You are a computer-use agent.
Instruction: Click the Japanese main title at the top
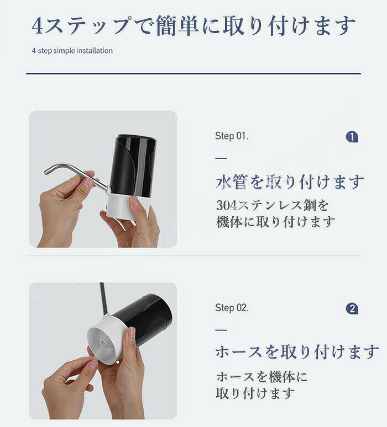click(x=193, y=26)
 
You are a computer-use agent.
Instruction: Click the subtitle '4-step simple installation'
click(x=72, y=51)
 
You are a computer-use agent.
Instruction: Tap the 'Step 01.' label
click(x=232, y=136)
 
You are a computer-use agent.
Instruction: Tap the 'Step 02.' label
click(x=232, y=308)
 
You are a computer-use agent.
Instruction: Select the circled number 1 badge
click(x=352, y=137)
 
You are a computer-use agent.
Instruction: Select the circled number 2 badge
click(x=352, y=309)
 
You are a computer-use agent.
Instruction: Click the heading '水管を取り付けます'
click(x=290, y=182)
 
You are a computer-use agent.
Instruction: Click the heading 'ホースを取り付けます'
click(x=297, y=352)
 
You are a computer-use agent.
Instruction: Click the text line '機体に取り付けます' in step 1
click(x=275, y=222)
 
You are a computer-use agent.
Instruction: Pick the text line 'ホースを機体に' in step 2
click(x=262, y=377)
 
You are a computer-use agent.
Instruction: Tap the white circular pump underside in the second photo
click(x=103, y=344)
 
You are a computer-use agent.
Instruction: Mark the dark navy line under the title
click(x=193, y=73)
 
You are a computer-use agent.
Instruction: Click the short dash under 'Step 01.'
click(x=221, y=158)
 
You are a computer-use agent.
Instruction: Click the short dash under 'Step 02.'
click(x=221, y=330)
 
